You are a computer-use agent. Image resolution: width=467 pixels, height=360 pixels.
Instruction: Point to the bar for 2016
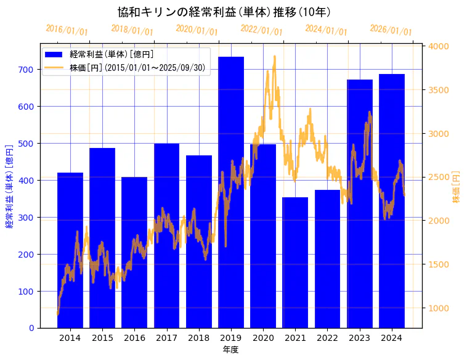pyautogui.click(x=134, y=253)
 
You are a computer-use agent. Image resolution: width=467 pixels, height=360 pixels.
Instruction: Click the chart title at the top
pyautogui.click(x=224, y=12)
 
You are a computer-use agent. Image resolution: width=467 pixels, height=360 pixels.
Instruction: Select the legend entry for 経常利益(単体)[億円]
pyautogui.click(x=112, y=55)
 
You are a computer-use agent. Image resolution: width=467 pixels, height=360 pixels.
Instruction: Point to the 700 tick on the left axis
pyautogui.click(x=26, y=70)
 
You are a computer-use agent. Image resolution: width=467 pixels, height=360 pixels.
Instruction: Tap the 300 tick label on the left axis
pyautogui.click(x=26, y=218)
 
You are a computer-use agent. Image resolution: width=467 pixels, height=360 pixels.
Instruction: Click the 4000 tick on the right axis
pyautogui.click(x=439, y=46)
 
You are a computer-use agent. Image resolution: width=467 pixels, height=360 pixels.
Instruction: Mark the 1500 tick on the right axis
pyautogui.click(x=439, y=264)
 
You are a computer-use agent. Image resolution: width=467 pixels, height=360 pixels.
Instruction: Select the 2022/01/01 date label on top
pyautogui.click(x=261, y=30)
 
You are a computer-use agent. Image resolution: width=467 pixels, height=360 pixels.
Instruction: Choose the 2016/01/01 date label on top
pyautogui.click(x=67, y=30)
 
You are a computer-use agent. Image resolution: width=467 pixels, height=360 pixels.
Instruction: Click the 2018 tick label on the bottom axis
pyautogui.click(x=198, y=337)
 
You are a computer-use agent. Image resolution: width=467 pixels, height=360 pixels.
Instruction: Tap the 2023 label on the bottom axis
pyautogui.click(x=359, y=337)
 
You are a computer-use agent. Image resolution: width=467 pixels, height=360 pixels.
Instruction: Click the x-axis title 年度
pyautogui.click(x=230, y=350)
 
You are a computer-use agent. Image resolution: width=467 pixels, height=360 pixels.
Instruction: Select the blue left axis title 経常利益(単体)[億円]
pyautogui.click(x=9, y=187)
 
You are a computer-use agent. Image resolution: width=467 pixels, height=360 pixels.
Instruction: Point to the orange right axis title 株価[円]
pyautogui.click(x=456, y=187)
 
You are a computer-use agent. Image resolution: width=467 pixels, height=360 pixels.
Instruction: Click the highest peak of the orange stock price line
pyautogui.click(x=274, y=57)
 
